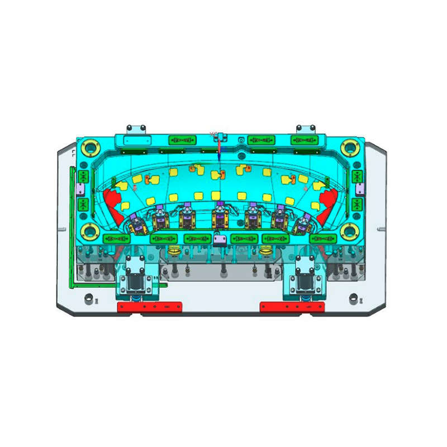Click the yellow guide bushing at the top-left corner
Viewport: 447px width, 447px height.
coord(89,148)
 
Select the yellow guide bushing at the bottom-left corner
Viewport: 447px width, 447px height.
coord(89,230)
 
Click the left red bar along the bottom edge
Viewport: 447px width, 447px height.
coord(149,307)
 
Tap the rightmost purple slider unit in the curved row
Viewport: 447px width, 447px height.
coord(303,223)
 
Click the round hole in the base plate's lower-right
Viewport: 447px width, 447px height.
coord(353,297)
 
